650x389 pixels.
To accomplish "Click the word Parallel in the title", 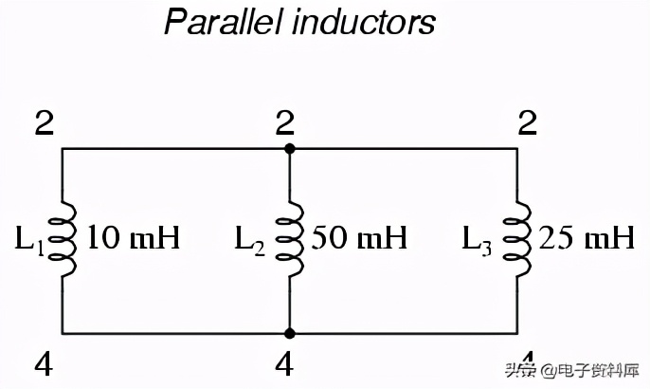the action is click(x=224, y=22).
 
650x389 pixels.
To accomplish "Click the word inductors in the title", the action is click(x=364, y=22).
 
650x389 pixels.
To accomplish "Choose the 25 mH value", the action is click(x=586, y=238).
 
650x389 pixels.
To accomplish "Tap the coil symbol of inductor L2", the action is click(x=289, y=240).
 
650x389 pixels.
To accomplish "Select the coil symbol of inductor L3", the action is click(x=516, y=240).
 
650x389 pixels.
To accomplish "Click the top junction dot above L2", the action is click(x=290, y=149).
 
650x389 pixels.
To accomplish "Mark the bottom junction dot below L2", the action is click(x=290, y=333).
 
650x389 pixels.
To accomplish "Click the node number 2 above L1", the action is click(x=42, y=122).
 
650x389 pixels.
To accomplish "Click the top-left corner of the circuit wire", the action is click(x=63, y=149).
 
